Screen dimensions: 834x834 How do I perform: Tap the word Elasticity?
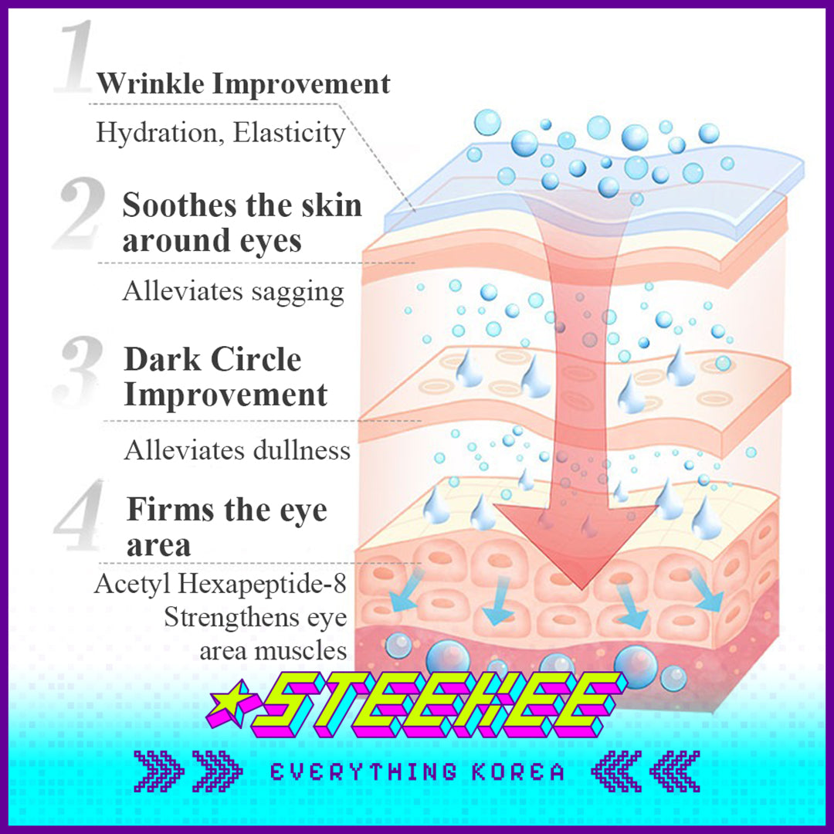[x=289, y=133]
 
